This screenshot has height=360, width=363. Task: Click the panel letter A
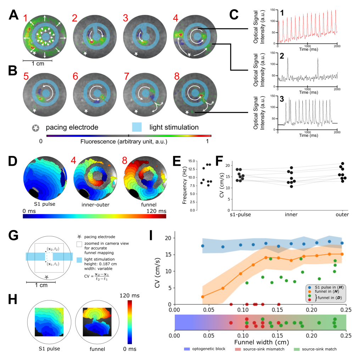click(13, 15)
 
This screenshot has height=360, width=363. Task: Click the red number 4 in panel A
click(176, 18)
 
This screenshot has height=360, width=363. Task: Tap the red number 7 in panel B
click(127, 76)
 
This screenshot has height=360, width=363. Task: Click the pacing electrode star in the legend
click(36, 128)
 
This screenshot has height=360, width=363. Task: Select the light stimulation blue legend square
click(137, 127)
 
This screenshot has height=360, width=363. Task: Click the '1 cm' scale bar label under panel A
click(38, 64)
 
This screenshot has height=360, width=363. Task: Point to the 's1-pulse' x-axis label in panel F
click(240, 214)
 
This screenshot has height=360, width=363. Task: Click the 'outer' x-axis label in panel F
click(342, 214)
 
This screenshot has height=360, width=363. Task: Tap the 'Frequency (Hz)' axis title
click(184, 185)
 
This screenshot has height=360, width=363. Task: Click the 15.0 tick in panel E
click(192, 161)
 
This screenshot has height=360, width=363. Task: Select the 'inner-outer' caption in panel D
click(95, 205)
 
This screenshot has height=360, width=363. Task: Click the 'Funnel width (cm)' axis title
click(262, 342)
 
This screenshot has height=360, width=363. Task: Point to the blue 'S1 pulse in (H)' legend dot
click(310, 287)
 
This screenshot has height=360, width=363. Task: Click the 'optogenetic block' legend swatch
click(187, 349)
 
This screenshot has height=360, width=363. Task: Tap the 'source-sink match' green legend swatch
click(297, 349)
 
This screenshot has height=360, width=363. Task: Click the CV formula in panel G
click(96, 276)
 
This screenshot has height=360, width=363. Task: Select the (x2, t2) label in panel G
click(53, 249)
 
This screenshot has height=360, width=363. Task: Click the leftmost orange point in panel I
click(202, 297)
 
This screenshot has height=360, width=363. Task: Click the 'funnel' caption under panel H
click(97, 349)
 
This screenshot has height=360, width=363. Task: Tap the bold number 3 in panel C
click(282, 99)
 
